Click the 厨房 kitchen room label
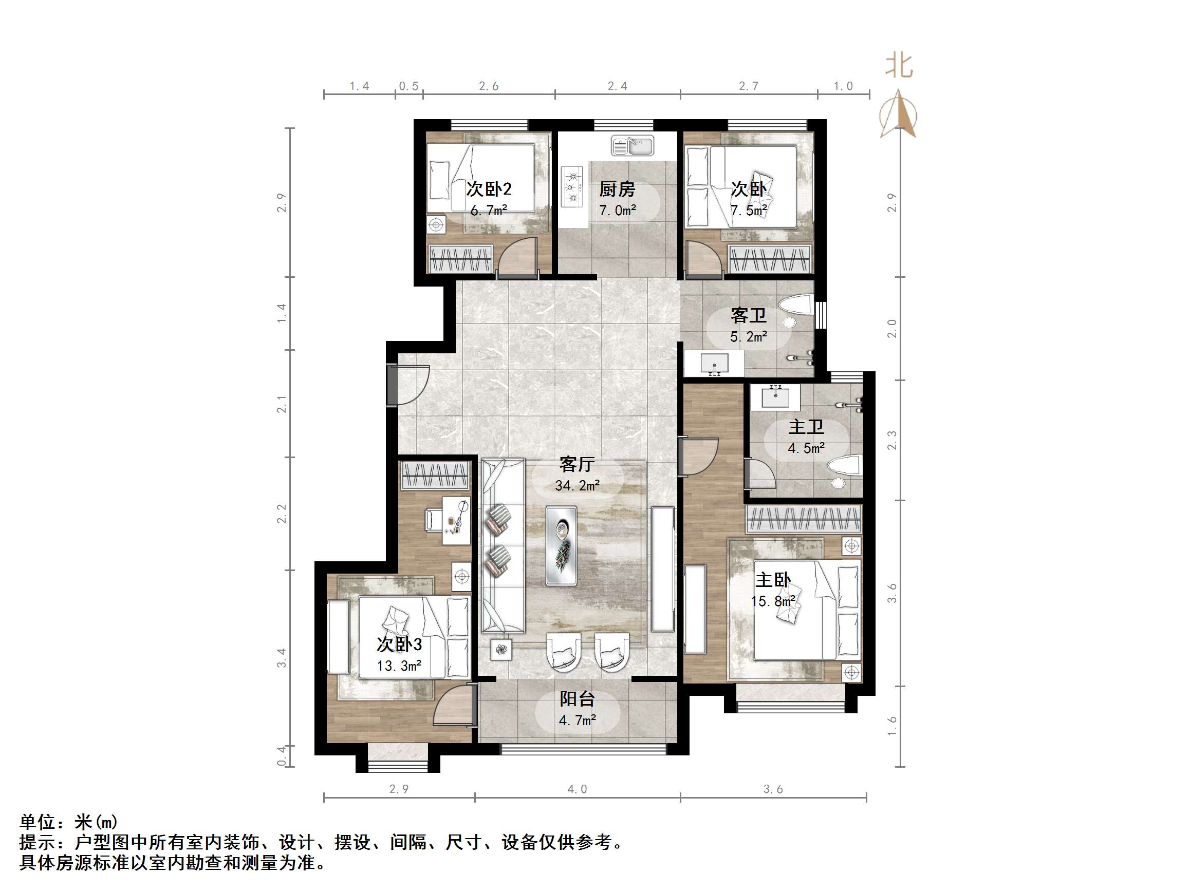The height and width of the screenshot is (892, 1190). [617, 189]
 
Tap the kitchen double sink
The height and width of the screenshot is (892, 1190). [632, 146]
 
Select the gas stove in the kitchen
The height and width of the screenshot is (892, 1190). [572, 186]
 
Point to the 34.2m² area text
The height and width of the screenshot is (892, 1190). [577, 485]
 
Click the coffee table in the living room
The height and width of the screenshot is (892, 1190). [561, 545]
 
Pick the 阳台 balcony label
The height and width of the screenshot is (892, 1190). [577, 698]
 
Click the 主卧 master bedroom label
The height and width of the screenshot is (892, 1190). [773, 580]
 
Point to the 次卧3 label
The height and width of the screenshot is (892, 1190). [399, 644]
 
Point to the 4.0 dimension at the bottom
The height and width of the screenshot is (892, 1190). [577, 789]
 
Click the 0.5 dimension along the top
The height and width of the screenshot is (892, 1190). [409, 86]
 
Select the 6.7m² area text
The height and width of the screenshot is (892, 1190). [489, 211]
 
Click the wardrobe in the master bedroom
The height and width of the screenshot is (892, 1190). [804, 519]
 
